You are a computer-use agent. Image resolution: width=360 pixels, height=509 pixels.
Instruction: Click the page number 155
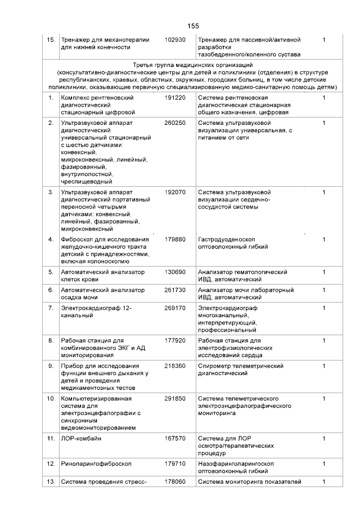click(193, 26)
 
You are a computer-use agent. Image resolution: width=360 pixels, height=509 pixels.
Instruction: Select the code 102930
click(175, 40)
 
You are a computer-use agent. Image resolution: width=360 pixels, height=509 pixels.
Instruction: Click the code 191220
click(175, 98)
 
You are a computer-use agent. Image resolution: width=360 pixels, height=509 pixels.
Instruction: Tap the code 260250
click(175, 123)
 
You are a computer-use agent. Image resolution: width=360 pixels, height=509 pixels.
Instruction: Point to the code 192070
click(175, 192)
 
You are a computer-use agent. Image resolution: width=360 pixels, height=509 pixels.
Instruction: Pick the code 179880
click(175, 239)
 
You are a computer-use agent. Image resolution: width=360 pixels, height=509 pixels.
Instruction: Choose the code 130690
click(175, 272)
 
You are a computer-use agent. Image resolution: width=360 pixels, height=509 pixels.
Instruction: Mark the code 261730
click(175, 290)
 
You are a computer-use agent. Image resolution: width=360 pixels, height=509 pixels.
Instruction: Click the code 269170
click(175, 308)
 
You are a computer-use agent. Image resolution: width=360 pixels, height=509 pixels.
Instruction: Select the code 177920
click(175, 340)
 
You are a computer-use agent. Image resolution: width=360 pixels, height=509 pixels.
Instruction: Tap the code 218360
click(175, 366)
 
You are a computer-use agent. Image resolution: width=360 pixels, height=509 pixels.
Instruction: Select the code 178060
click(175, 481)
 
